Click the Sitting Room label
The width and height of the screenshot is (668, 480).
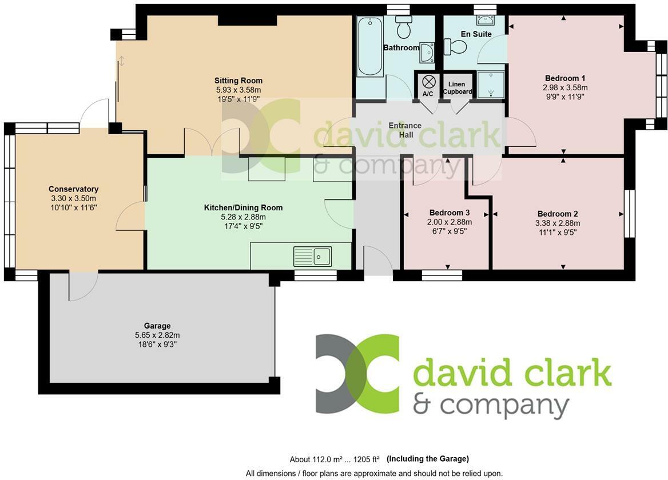pos(238,81)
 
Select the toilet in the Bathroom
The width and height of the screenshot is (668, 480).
pos(404,26)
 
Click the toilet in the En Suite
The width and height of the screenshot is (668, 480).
pos(457,46)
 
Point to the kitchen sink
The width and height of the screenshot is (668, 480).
pos(313,257)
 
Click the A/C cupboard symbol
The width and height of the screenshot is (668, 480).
pos(428,82)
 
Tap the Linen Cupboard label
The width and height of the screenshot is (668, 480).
pos(457,88)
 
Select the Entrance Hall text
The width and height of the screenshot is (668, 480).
pos(405,130)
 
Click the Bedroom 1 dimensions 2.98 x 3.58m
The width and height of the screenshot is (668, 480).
pos(565,87)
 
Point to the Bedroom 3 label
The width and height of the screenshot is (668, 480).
pos(450,213)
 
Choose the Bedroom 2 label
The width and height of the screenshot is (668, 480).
pos(558,214)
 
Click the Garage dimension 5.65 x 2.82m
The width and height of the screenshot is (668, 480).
pos(157,335)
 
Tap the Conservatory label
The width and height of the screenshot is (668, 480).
pos(73,189)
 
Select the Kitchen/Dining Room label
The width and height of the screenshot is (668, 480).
pos(243,207)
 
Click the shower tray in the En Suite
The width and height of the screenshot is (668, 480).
pos(491,84)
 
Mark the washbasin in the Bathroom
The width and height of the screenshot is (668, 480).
pos(426,52)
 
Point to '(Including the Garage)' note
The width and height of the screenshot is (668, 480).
pos(428,459)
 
